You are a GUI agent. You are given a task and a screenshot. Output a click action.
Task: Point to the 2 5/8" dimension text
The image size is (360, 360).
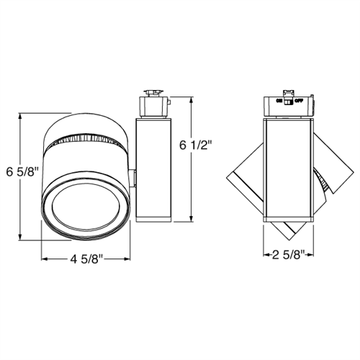287,253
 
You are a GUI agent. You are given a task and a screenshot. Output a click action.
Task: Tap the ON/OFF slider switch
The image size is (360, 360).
288,102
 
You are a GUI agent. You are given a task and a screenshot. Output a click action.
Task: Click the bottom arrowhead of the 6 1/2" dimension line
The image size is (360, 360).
189,220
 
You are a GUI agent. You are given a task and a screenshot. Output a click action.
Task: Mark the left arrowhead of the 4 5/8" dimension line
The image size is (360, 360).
45,257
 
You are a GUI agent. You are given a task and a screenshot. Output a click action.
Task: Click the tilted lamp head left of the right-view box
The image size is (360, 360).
245,176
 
